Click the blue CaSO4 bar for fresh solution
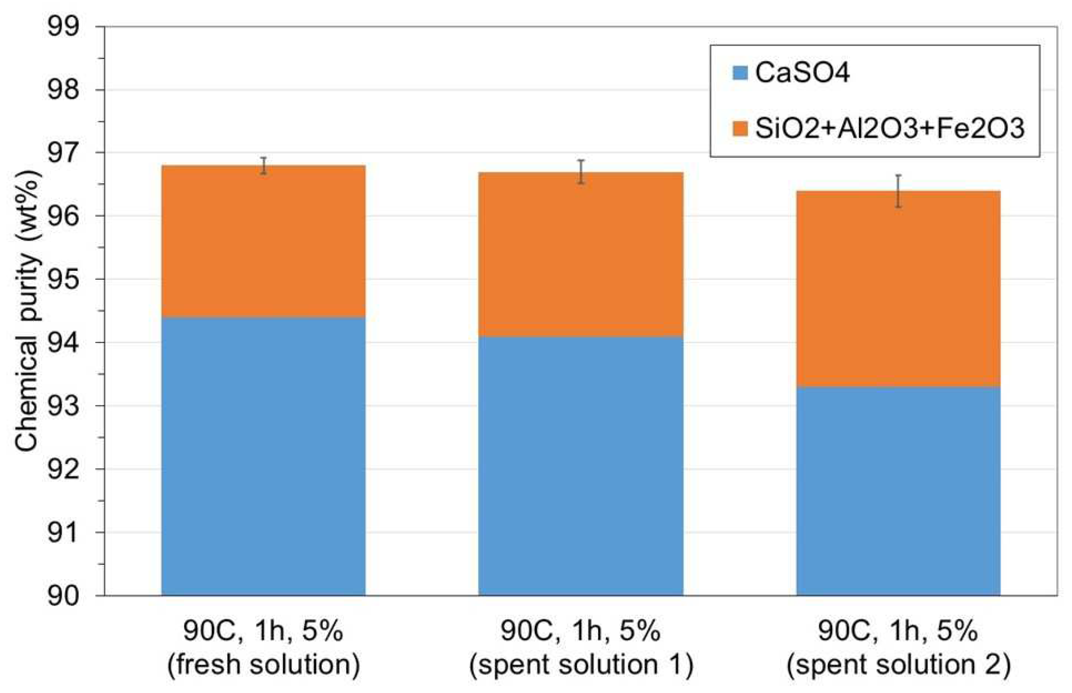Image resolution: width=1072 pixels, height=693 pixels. pyautogui.click(x=263, y=457)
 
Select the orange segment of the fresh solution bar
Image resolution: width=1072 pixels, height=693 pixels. pyautogui.click(x=263, y=241)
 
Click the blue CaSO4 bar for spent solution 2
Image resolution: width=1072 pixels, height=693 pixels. pyautogui.click(x=898, y=491)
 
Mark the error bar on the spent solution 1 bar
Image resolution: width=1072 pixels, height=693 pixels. pyautogui.click(x=581, y=171)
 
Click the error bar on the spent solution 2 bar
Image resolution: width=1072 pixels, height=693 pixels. pyautogui.click(x=898, y=191)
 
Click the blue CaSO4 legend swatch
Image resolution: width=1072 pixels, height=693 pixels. pyautogui.click(x=741, y=73)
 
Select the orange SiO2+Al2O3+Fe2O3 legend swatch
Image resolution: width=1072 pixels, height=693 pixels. pyautogui.click(x=741, y=129)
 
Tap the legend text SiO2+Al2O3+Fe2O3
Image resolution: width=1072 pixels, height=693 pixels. pyautogui.click(x=890, y=129)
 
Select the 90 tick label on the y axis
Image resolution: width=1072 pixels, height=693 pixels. pyautogui.click(x=63, y=596)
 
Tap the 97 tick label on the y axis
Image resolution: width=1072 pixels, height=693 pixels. pyautogui.click(x=63, y=154)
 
